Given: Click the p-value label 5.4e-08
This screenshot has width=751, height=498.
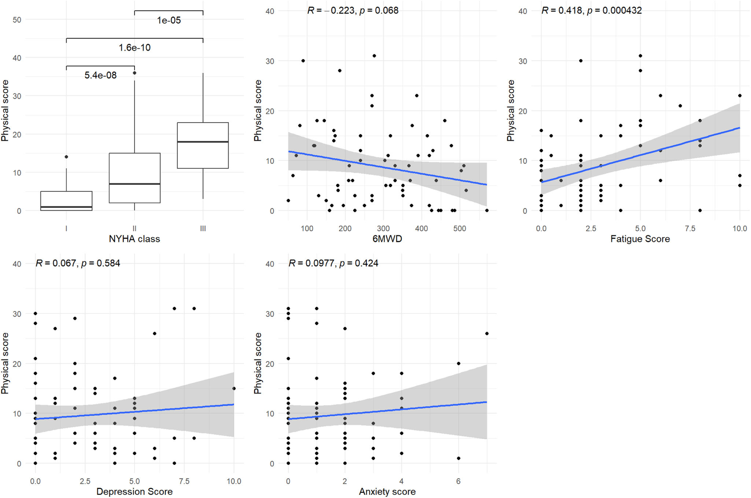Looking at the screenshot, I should [100, 75].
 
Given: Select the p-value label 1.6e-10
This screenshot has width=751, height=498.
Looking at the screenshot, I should [134, 48].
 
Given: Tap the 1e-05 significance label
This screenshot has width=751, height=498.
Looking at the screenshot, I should [169, 20].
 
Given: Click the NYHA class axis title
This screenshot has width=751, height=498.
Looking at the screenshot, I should [134, 239].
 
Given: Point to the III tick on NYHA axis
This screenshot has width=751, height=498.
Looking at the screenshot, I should [203, 229].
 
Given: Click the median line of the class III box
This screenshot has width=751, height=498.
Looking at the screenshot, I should [203, 142].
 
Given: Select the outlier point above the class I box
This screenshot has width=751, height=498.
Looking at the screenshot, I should [66, 157].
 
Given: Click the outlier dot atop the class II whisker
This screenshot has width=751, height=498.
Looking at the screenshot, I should [134, 73].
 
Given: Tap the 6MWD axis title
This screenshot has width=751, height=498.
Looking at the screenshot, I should [387, 239].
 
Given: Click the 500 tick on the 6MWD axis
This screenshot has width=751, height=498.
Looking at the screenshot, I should [459, 229].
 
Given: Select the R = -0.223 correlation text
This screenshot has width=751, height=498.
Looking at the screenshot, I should [353, 10].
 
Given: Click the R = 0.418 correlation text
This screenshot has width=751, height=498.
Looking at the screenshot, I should [592, 10].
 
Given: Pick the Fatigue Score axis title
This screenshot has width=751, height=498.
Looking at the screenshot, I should [640, 239].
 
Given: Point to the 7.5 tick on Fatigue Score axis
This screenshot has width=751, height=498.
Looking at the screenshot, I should [690, 229].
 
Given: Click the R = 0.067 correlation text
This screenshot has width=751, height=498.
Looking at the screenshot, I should [78, 263].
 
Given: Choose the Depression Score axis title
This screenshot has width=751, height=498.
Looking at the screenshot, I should [134, 491].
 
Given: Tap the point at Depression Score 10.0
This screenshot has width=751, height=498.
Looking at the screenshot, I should [234, 389].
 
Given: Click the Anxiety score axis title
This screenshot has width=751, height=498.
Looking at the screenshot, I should [387, 491].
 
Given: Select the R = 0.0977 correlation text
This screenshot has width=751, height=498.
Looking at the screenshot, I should [333, 263].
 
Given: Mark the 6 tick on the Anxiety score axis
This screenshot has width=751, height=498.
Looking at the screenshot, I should [458, 482].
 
